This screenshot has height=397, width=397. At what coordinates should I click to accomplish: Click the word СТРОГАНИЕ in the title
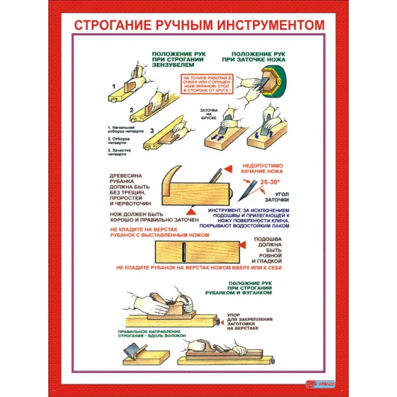click(x=110, y=24)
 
